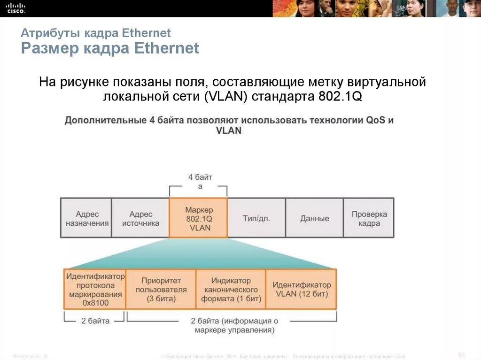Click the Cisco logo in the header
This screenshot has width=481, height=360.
coord(16,8)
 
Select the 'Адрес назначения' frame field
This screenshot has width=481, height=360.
coord(86,218)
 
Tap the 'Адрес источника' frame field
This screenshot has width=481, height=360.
coord(140,218)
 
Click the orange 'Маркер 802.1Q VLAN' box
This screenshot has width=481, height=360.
coord(198,218)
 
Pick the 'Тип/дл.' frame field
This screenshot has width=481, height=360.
coord(256,218)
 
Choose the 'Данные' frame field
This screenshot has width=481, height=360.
coord(314,218)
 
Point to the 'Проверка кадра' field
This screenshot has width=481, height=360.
coord(369,218)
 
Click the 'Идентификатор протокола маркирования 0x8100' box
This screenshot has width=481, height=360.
coord(95,289)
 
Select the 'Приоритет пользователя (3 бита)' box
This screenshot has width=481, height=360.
coord(161,289)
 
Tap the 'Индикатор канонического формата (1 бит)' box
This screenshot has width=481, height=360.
coord(231,289)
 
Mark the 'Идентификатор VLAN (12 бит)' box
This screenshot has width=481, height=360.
coord(301,289)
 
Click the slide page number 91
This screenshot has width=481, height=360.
coord(461,354)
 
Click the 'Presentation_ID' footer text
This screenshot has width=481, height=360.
coord(30,357)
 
